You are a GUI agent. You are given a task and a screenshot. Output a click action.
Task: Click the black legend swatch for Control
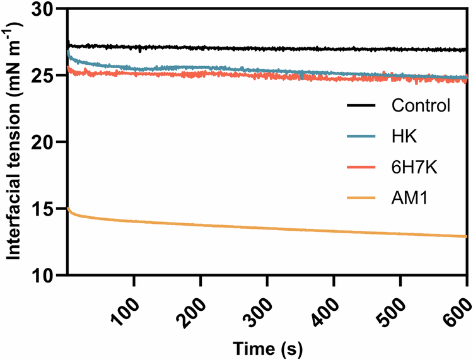[x=363, y=105]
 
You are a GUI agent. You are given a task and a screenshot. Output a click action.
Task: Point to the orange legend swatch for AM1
[x=363, y=199]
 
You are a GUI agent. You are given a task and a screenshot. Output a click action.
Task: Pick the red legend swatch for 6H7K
[x=363, y=167]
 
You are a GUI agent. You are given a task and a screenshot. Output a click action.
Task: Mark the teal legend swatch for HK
[x=363, y=136]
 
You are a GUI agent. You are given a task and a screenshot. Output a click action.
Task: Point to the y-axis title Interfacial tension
[x=14, y=142]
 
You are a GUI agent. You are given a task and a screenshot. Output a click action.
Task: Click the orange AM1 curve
[x=252, y=230]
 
